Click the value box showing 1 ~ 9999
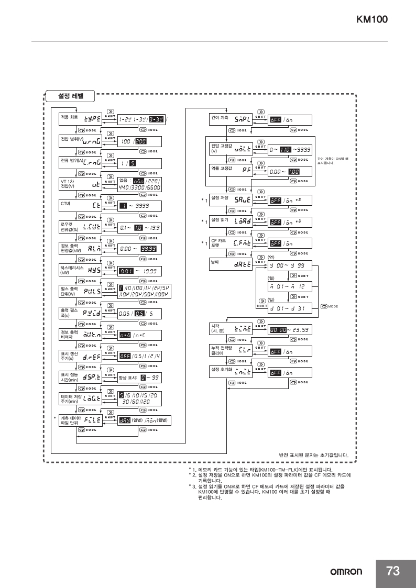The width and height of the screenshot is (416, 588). (x=139, y=206)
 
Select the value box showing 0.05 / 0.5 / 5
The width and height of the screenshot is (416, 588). (x=139, y=314)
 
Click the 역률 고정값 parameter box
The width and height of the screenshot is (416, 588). (x=231, y=171)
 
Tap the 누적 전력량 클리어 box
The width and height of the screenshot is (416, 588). (x=231, y=351)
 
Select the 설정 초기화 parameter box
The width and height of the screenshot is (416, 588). (x=231, y=372)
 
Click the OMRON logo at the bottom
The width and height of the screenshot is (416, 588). (x=346, y=572)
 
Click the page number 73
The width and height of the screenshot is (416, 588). (x=393, y=571)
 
